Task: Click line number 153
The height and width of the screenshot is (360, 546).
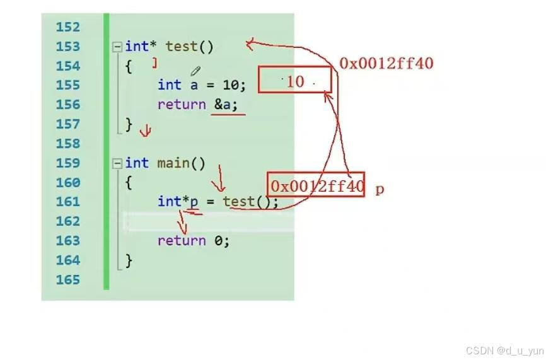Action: pyautogui.click(x=68, y=47)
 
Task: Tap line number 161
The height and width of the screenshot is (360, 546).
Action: pyautogui.click(x=68, y=202)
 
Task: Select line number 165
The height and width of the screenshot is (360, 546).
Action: pyautogui.click(x=68, y=279)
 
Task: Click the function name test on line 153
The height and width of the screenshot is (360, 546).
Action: pyautogui.click(x=182, y=47)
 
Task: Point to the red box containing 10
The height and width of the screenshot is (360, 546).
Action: pyautogui.click(x=294, y=81)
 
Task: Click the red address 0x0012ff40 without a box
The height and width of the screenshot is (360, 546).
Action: pyautogui.click(x=386, y=63)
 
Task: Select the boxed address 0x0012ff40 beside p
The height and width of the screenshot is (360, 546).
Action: pyautogui.click(x=316, y=185)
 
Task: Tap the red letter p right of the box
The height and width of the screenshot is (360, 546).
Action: pyautogui.click(x=380, y=189)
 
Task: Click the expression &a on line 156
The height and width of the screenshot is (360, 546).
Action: pyautogui.click(x=223, y=105)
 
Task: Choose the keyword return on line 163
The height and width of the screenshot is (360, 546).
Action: pyautogui.click(x=182, y=241)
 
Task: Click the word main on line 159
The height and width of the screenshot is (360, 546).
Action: pyautogui.click(x=173, y=163)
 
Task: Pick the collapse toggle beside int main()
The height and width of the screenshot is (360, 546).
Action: pyautogui.click(x=117, y=164)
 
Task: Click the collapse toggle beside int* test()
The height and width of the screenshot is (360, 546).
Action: pyautogui.click(x=117, y=47)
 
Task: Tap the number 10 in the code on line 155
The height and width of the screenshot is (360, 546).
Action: pyautogui.click(x=230, y=85)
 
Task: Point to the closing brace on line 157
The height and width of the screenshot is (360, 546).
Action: pyautogui.click(x=129, y=124)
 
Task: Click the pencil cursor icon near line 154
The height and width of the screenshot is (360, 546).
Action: pyautogui.click(x=195, y=71)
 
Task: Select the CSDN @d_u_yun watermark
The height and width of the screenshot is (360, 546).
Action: pyautogui.click(x=504, y=351)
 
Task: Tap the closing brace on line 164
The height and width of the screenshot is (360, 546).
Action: pyautogui.click(x=129, y=260)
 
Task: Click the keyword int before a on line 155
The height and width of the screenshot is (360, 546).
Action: pyautogui.click(x=170, y=85)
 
